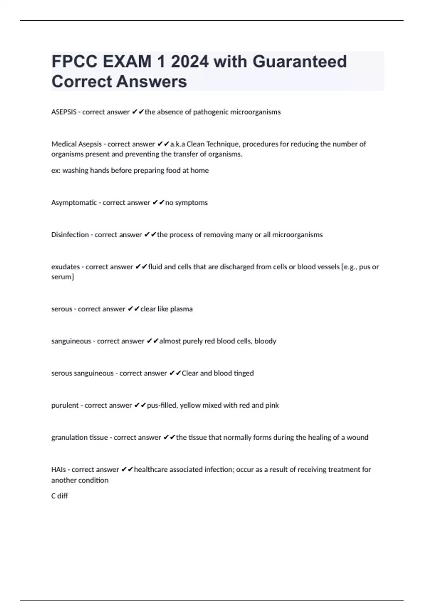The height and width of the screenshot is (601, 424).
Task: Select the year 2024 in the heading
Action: (x=190, y=62)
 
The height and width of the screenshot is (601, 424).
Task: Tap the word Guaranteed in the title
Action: (x=300, y=62)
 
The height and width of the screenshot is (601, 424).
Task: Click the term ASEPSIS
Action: (x=64, y=112)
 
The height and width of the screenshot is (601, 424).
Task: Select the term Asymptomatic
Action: (x=74, y=203)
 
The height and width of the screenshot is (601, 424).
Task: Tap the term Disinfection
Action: (x=70, y=235)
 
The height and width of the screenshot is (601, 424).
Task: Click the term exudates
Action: (x=65, y=267)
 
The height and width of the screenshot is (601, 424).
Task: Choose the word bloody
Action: (x=265, y=341)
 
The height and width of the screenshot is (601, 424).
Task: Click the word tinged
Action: (x=243, y=373)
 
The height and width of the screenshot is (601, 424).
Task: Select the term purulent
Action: (x=65, y=405)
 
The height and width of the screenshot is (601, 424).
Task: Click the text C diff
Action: (x=59, y=496)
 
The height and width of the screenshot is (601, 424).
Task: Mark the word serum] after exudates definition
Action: (x=63, y=277)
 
